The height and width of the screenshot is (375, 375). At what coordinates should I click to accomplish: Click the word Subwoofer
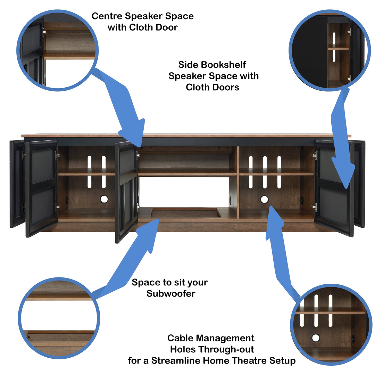(171, 293)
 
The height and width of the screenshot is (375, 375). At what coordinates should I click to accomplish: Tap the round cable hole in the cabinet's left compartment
(104, 199)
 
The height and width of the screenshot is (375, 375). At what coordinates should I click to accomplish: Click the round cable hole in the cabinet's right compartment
(265, 199)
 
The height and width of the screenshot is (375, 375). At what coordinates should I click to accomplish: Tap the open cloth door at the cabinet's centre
(126, 191)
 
